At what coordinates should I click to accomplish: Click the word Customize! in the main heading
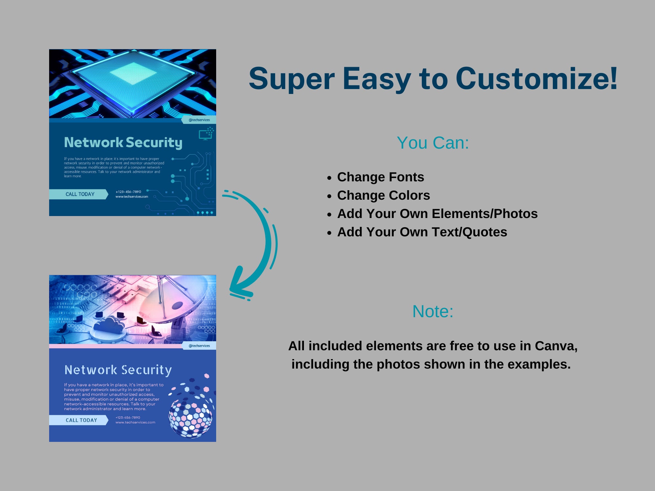click(536, 79)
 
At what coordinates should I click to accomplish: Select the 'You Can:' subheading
click(433, 143)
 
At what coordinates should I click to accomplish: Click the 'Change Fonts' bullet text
click(381, 177)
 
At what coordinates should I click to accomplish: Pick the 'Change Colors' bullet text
click(384, 195)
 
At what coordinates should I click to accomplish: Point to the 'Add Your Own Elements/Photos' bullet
click(437, 214)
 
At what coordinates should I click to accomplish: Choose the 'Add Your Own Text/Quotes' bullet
click(422, 232)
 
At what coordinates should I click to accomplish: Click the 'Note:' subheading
click(433, 311)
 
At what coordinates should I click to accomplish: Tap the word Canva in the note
click(555, 346)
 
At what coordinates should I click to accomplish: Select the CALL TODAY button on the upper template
click(80, 194)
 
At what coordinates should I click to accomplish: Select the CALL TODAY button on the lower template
click(81, 420)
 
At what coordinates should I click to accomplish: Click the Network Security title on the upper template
click(123, 142)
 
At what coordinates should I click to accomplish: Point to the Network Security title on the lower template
click(118, 370)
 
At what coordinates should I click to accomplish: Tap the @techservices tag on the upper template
click(199, 120)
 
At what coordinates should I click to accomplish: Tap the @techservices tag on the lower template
click(199, 346)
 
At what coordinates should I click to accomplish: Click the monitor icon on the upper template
click(206, 134)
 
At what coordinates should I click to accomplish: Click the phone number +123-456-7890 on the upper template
click(128, 191)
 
